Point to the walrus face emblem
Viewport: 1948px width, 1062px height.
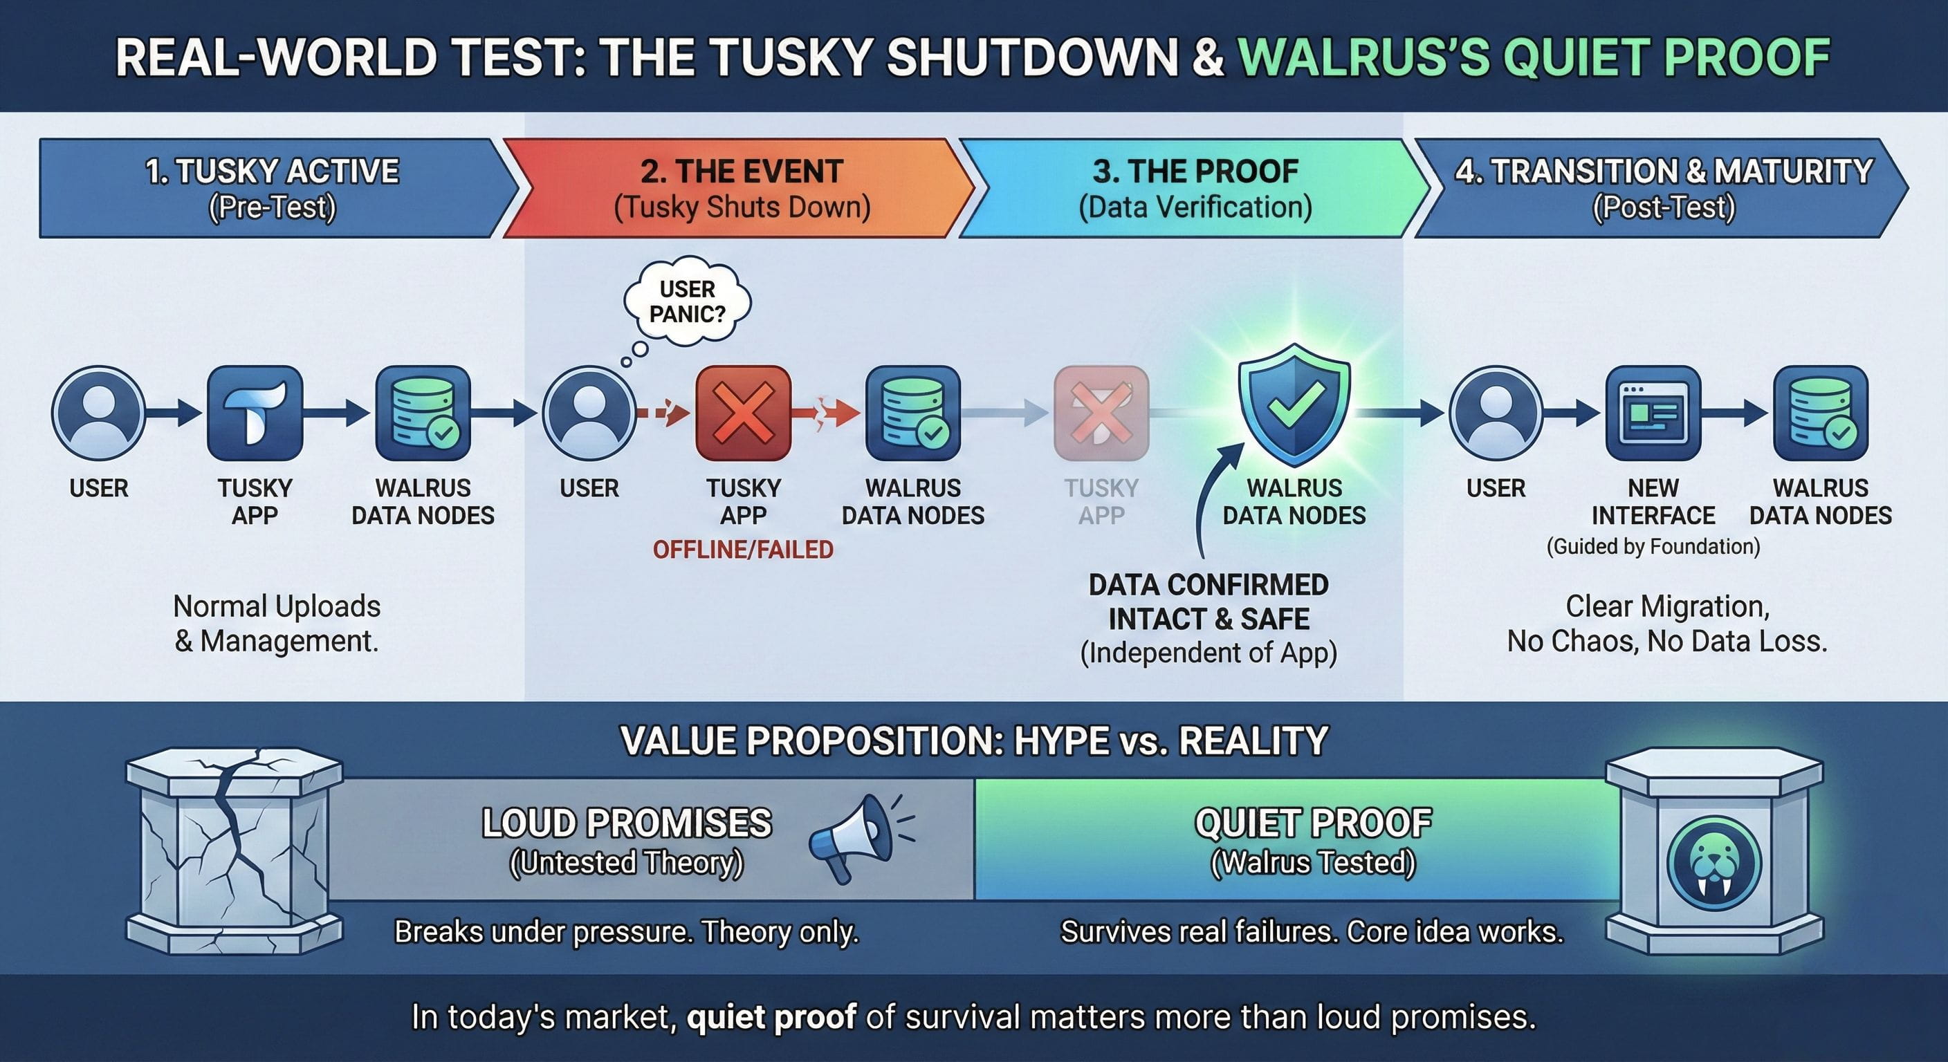coord(1714,862)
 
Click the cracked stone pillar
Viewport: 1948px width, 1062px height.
coord(235,850)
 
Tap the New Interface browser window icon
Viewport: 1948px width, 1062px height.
coord(1653,413)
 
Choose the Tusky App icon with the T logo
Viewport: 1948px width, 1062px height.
coord(255,413)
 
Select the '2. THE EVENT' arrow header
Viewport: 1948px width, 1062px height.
coord(739,188)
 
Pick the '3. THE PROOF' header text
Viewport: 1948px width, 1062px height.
coord(1195,171)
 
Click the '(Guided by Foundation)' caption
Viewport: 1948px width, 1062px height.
coord(1653,546)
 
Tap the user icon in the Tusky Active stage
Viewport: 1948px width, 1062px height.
coord(98,413)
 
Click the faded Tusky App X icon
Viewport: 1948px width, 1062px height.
coord(1101,413)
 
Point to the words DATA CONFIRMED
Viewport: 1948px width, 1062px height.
coord(1209,584)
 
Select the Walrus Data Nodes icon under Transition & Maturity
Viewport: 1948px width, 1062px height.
coord(1821,413)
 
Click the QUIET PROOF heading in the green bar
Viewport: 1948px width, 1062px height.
coord(1313,823)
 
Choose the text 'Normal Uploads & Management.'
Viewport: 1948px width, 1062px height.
coord(277,624)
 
